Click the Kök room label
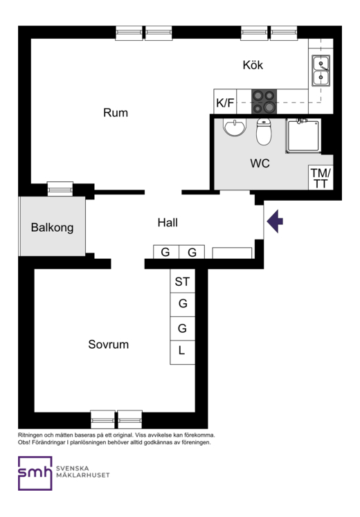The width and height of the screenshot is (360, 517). coord(253,65)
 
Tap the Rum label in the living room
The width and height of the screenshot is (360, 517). coord(116,113)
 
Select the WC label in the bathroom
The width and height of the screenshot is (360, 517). coord(260,163)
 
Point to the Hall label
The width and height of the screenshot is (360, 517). coord(168,223)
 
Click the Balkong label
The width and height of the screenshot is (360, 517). coord(52,228)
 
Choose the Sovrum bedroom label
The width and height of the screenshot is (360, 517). coord(109,345)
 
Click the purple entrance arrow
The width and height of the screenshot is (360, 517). coord(275,221)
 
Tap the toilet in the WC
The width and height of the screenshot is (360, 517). coord(264,131)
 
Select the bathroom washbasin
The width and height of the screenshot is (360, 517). coord(235,127)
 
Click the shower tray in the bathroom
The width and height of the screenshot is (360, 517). coord(303,136)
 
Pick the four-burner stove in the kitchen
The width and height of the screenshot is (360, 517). coord(264,102)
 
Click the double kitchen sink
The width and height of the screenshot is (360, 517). coord(321,71)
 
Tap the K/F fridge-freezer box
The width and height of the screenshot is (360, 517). coord(225,102)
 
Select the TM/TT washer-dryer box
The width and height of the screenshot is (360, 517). coord(321,177)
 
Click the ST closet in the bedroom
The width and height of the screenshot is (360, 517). coord(182,281)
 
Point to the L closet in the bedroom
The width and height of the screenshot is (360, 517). coord(182,352)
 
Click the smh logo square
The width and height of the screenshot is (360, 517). coord(35,473)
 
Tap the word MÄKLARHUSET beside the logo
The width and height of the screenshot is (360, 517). coord(83,475)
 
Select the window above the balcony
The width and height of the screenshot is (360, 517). coord(60,189)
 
